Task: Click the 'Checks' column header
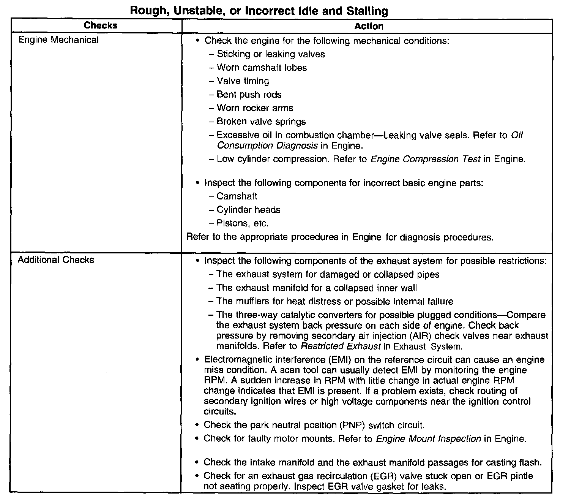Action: [101, 25]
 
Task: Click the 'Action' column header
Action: [369, 26]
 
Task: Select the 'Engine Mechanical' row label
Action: [58, 40]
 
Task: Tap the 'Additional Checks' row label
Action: [56, 260]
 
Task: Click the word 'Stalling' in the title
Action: [367, 11]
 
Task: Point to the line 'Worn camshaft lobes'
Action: [262, 68]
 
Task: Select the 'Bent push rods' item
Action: [249, 95]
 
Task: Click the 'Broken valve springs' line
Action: [261, 122]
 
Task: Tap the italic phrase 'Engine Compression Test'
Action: [425, 159]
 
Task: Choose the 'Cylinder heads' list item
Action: [248, 210]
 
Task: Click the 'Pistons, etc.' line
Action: [242, 223]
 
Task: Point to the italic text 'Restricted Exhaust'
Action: [341, 347]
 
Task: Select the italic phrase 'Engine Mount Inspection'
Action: [429, 439]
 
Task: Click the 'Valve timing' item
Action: [243, 81]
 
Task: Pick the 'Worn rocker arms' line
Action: [255, 108]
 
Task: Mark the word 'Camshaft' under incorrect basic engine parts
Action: [237, 196]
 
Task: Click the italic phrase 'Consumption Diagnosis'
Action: [267, 146]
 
